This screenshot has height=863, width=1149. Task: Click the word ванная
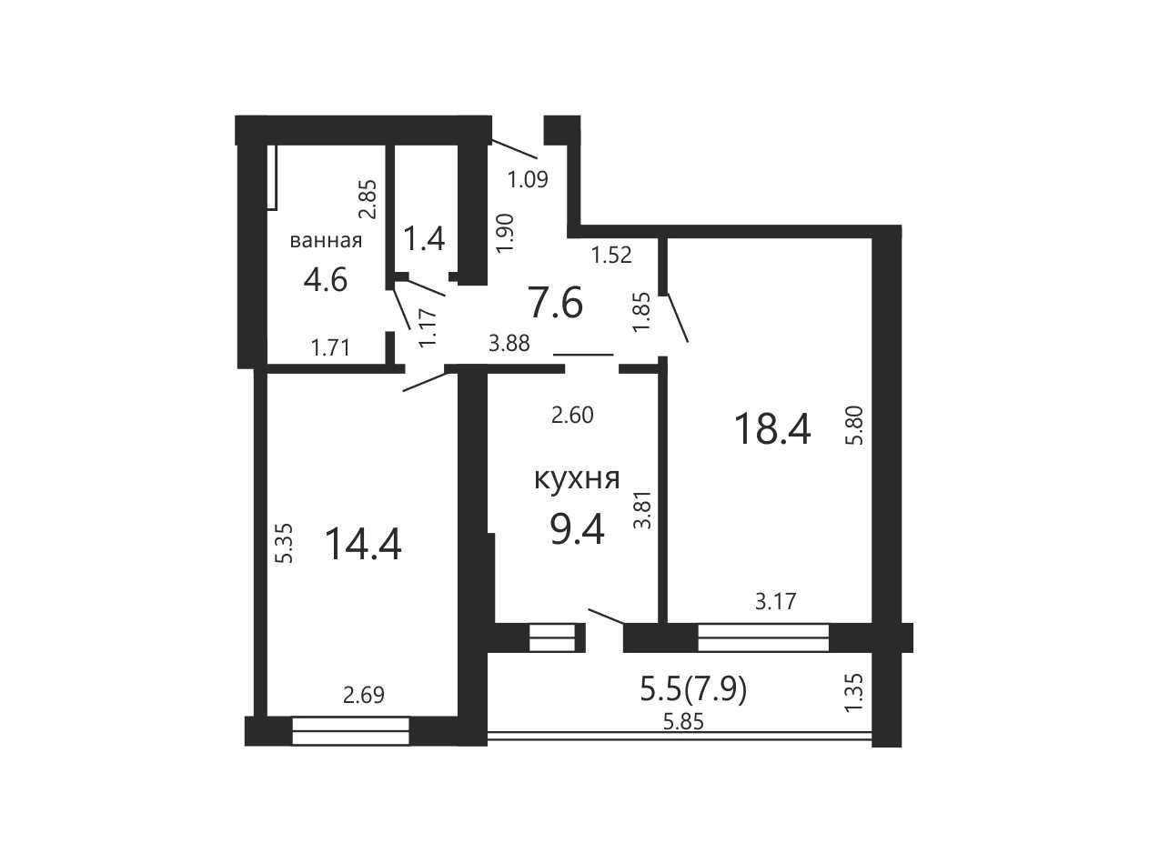pyautogui.click(x=326, y=241)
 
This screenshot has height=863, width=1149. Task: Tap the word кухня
pyautogui.click(x=577, y=479)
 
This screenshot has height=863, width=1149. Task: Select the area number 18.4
pyautogui.click(x=772, y=429)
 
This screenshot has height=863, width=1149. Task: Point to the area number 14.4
pyautogui.click(x=363, y=545)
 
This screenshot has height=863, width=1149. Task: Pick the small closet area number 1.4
pyautogui.click(x=424, y=238)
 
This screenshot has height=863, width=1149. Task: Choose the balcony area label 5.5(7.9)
pyautogui.click(x=693, y=689)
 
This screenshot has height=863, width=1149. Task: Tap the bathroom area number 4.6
pyautogui.click(x=326, y=279)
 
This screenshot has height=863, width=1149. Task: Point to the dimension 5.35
pyautogui.click(x=286, y=544)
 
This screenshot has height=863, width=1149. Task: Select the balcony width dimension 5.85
pyautogui.click(x=683, y=722)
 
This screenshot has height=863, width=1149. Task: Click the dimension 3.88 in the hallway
pyautogui.click(x=509, y=344)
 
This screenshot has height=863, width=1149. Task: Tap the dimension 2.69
pyautogui.click(x=363, y=695)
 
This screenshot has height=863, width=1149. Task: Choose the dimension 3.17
pyautogui.click(x=775, y=601)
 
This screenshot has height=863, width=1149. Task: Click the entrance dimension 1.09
pyautogui.click(x=528, y=180)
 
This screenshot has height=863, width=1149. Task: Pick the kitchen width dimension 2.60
pyautogui.click(x=572, y=416)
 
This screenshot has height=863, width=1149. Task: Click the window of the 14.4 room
pyautogui.click(x=350, y=730)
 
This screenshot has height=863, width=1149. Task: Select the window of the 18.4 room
pyautogui.click(x=763, y=637)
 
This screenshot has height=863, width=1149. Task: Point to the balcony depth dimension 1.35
pyautogui.click(x=853, y=692)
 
